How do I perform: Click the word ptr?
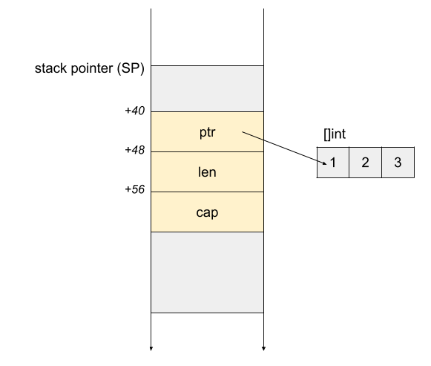207,132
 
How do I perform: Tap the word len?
207,172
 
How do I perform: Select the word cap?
207,212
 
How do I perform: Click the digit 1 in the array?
334,163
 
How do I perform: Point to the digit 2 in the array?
365,163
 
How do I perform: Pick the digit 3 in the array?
398,163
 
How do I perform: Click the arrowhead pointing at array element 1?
323,163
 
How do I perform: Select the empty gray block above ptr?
207,88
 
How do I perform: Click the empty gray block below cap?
207,272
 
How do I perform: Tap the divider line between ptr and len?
207,152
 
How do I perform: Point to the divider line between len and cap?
207,192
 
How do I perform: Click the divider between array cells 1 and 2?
349,163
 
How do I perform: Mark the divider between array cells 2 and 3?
381,163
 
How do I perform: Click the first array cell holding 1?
338,171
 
